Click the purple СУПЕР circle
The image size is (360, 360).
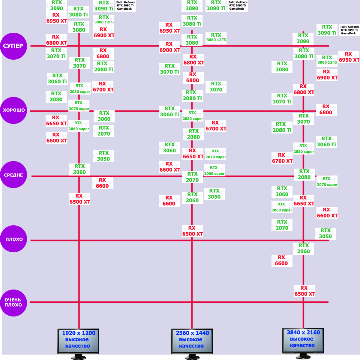(x=13, y=46)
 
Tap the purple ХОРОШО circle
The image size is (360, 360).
(x=13, y=110)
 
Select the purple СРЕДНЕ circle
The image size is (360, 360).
(x=13, y=175)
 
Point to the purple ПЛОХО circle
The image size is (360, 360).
(x=13, y=239)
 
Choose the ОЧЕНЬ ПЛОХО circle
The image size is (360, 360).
(x=13, y=302)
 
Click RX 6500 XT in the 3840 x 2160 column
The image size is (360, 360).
(x=304, y=291)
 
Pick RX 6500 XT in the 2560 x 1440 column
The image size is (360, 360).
(x=192, y=231)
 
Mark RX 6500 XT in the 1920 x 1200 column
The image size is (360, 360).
(x=79, y=199)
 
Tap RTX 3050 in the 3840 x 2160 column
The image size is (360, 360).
(x=325, y=233)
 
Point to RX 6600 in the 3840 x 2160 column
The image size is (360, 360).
(x=282, y=260)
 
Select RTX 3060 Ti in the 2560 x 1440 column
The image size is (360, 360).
(x=169, y=112)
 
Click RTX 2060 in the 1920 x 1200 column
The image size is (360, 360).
(x=79, y=169)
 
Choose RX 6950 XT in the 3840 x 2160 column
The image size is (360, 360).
(x=349, y=57)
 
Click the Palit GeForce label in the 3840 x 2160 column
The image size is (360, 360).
(x=349, y=30)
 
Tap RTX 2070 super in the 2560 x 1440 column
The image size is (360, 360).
(x=216, y=154)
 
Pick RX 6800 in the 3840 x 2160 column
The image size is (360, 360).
(x=326, y=109)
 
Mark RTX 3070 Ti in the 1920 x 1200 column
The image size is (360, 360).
(x=56, y=53)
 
